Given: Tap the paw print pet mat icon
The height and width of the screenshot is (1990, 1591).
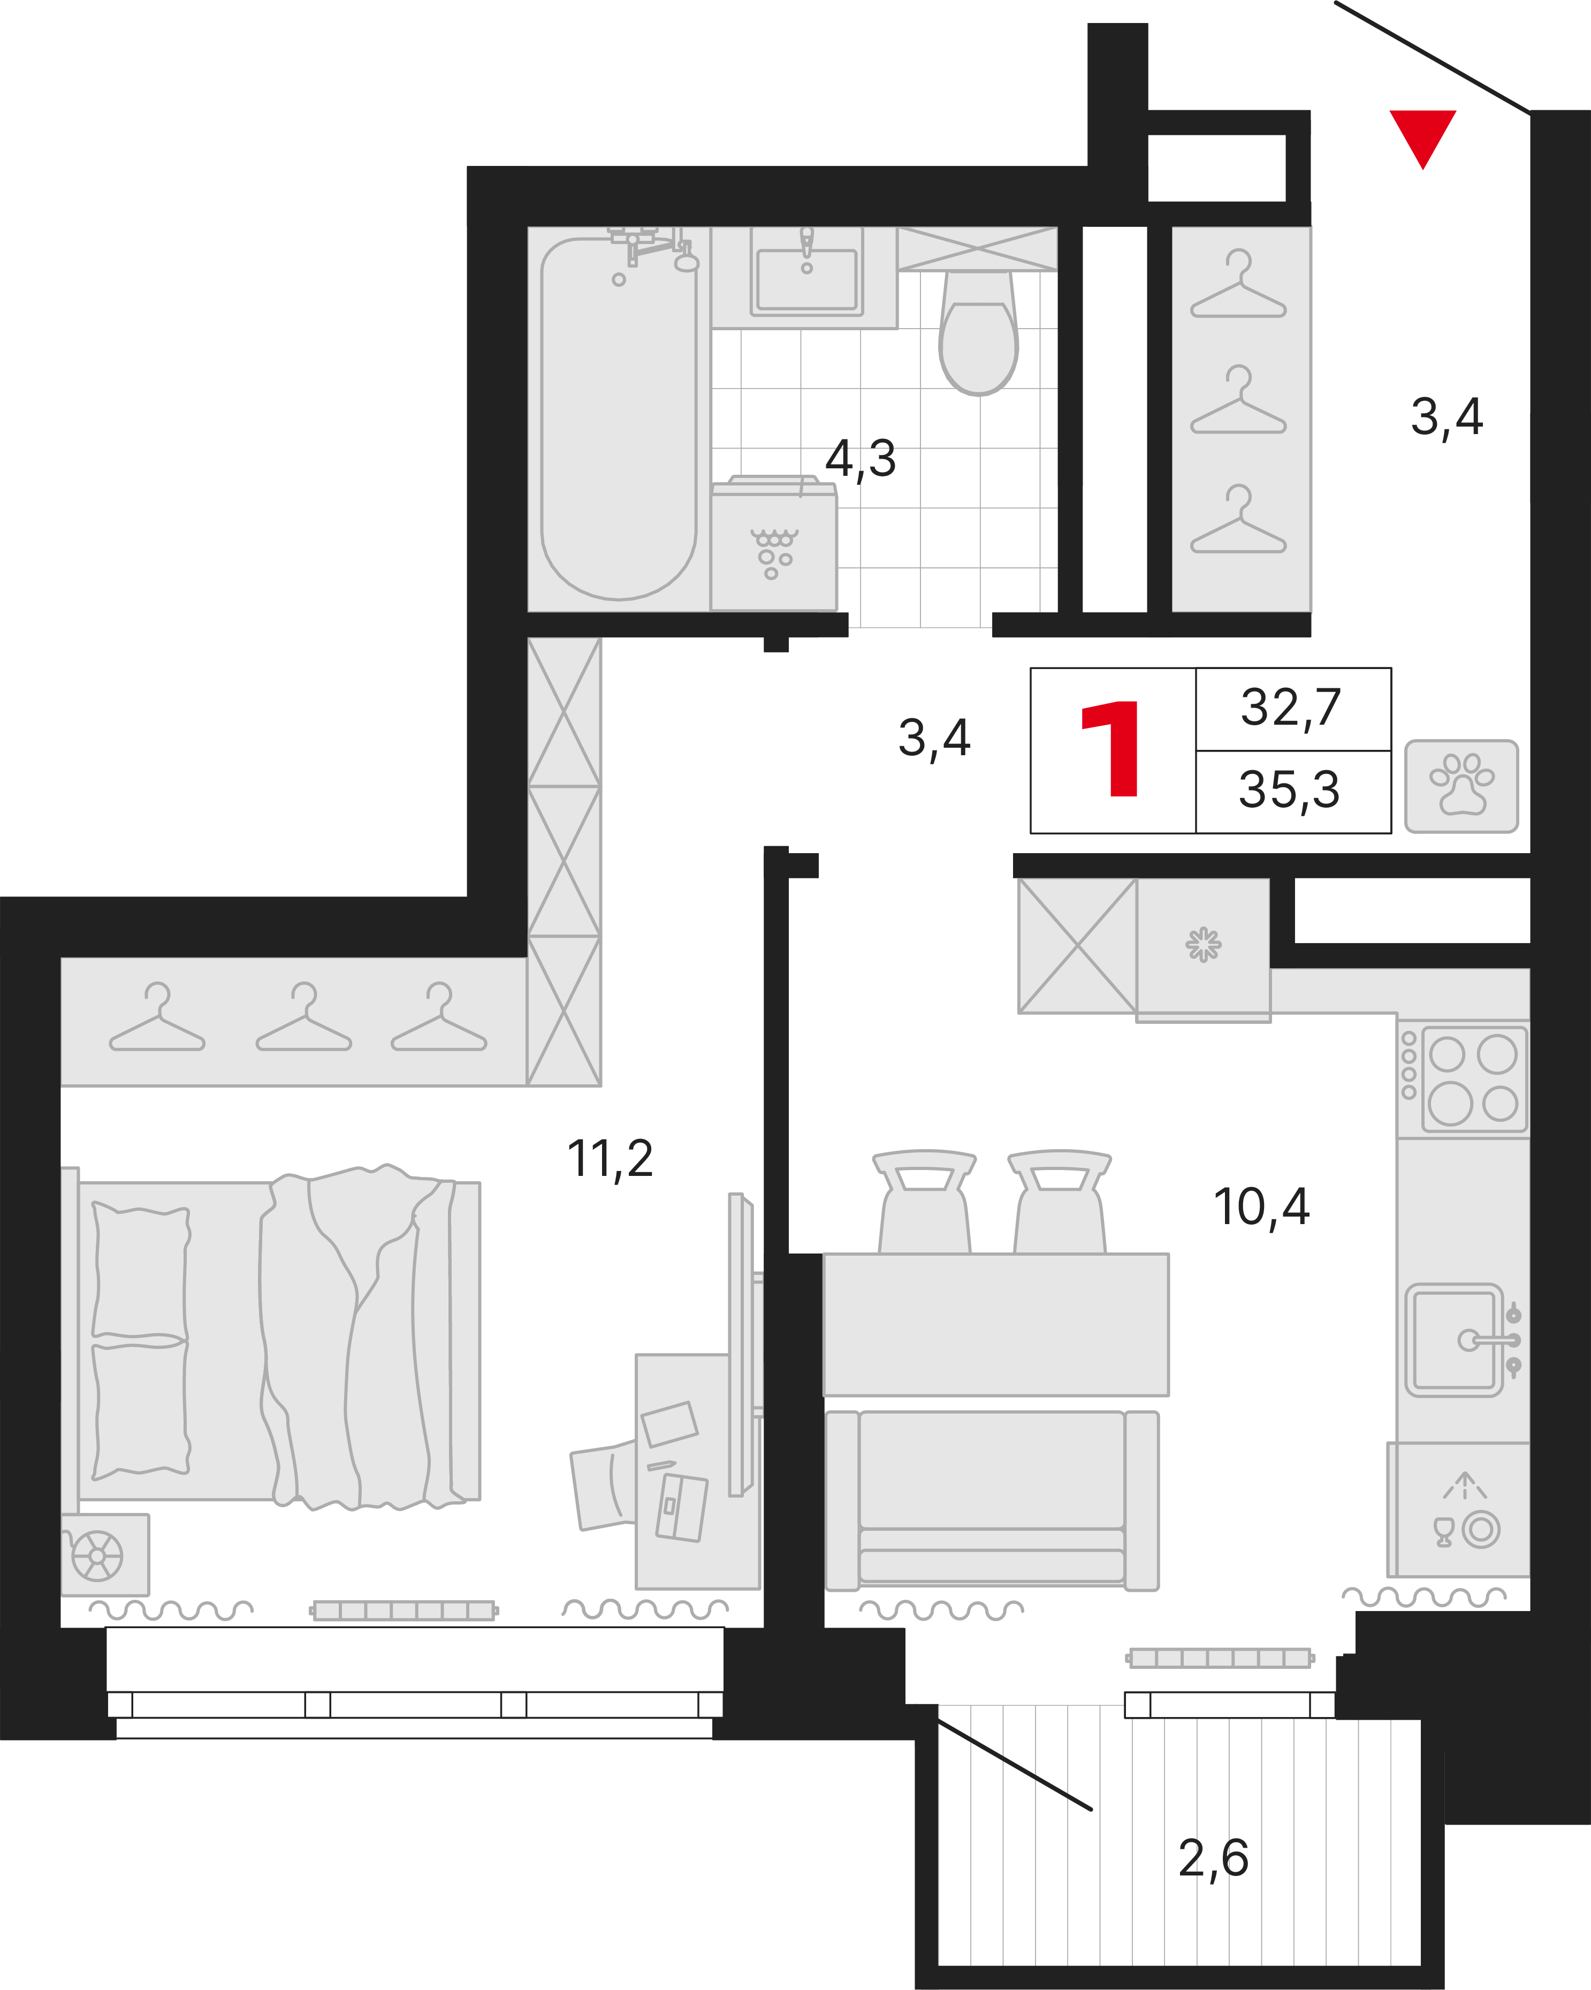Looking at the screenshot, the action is pos(1461,786).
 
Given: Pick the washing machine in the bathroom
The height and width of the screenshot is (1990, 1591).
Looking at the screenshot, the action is pos(773,544).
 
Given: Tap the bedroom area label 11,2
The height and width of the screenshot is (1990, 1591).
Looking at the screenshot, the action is pos(610,1159).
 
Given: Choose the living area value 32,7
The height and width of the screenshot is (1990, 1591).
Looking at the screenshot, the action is pos(1291,709).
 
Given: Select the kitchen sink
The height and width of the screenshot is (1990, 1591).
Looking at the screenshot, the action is pos(1456,1339).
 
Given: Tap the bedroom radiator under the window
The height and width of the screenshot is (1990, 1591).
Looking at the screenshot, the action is pos(404,1611).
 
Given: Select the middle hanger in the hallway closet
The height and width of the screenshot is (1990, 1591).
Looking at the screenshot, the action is pos(1238,400).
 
